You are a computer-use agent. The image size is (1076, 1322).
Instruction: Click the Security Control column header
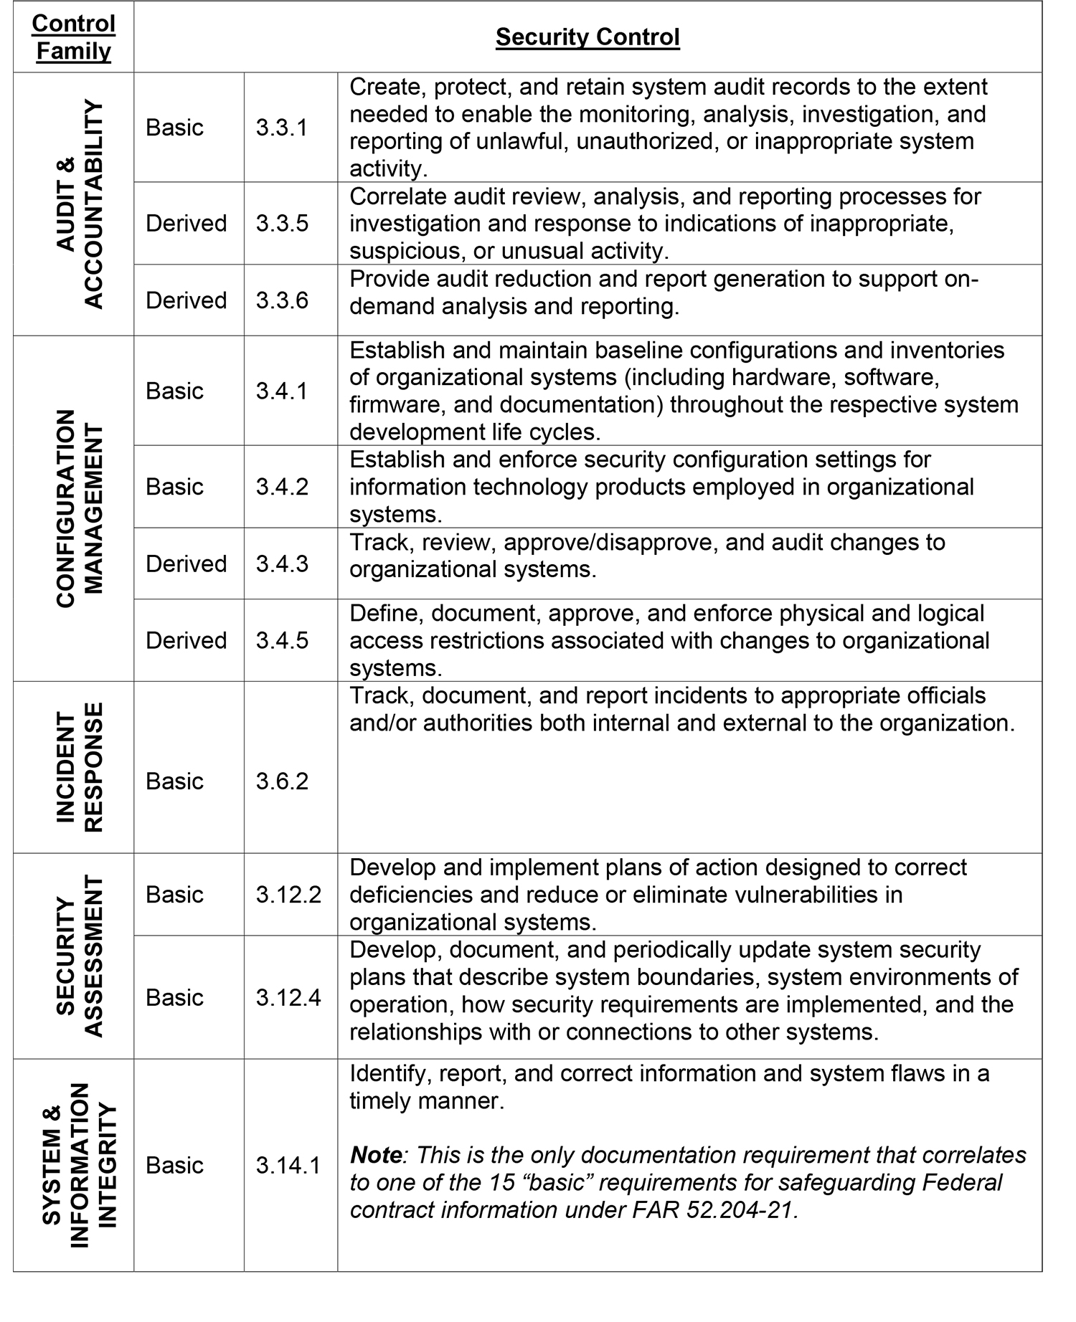587,37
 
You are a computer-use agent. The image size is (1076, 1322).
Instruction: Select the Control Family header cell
73,37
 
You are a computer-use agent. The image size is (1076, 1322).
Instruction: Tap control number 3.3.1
281,128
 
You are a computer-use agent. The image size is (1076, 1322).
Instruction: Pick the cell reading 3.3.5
281,223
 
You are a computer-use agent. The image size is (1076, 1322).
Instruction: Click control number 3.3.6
281,300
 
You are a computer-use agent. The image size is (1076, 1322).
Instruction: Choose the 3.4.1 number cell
281,391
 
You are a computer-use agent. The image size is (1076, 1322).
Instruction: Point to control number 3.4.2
281,487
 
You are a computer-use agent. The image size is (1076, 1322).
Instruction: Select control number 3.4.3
281,563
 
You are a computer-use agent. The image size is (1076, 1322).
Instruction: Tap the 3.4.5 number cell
281,640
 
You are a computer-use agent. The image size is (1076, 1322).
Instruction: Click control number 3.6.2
281,781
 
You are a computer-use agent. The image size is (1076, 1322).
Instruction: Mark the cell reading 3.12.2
288,894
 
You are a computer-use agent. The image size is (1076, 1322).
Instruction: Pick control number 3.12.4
288,997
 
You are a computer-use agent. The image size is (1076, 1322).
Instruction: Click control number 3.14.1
288,1165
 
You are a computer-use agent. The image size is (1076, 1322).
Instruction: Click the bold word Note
375,1155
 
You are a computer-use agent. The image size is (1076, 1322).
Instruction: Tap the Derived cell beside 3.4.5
186,640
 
